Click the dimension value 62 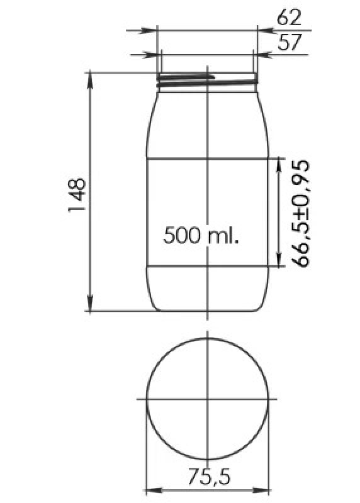(x=290, y=18)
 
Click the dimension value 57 (x=290, y=42)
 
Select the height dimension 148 (x=77, y=195)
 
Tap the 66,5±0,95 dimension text (x=301, y=213)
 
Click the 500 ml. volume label (x=201, y=235)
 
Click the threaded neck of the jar (x=208, y=80)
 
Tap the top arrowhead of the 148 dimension (x=90, y=80)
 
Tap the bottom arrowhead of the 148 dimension (x=90, y=304)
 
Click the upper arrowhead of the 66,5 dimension (x=279, y=165)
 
